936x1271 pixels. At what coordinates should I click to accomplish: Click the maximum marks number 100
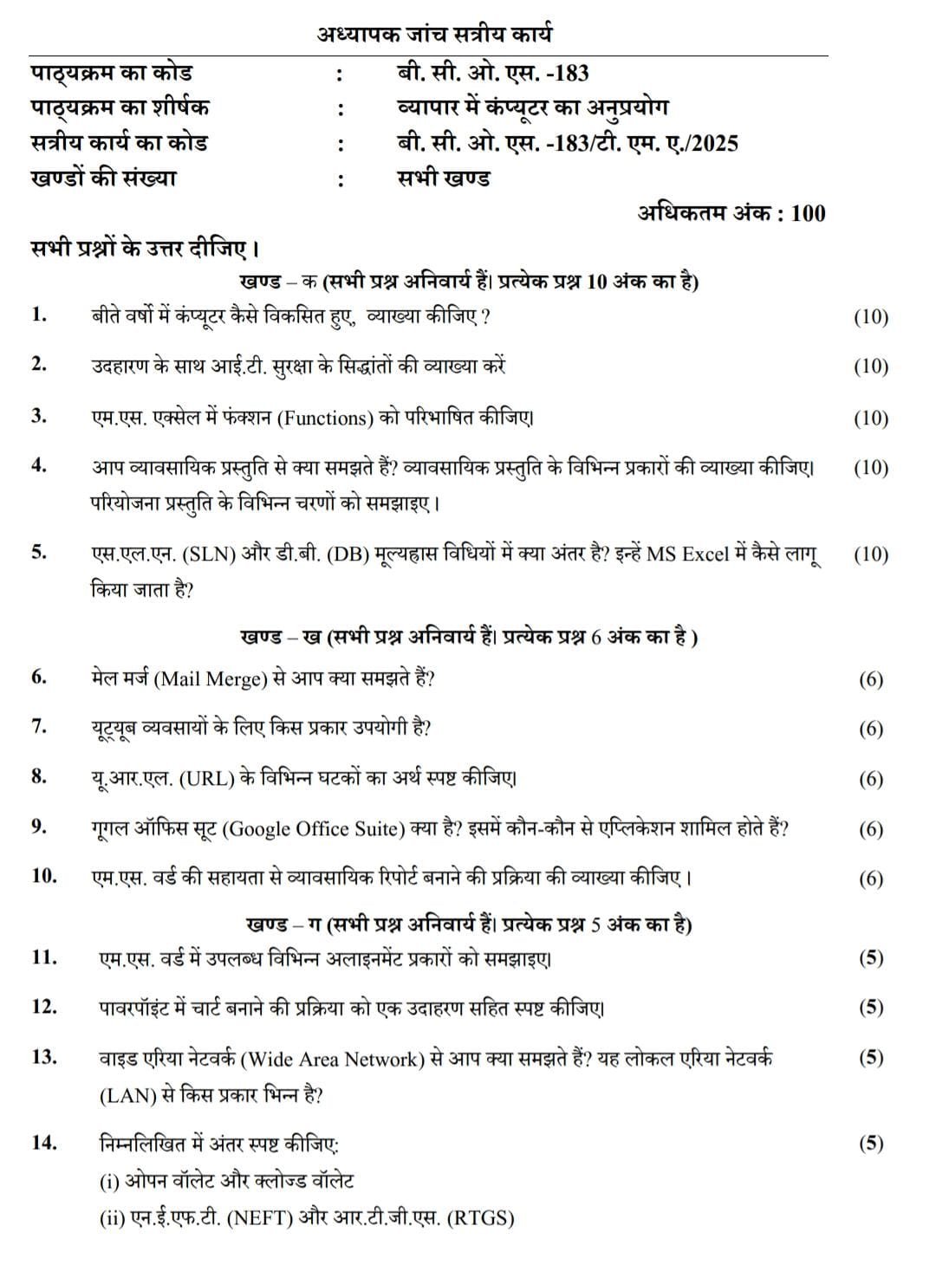point(808,213)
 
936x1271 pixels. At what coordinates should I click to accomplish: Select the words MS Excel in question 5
point(688,554)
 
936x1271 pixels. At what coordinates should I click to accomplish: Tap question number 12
point(43,1007)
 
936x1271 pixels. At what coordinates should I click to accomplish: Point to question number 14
point(43,1143)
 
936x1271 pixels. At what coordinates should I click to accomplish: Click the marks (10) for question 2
point(870,366)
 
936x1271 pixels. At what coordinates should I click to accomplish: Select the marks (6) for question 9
point(870,829)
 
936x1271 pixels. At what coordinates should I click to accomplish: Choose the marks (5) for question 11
point(870,957)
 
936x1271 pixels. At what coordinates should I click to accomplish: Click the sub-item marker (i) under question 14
point(109,1181)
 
